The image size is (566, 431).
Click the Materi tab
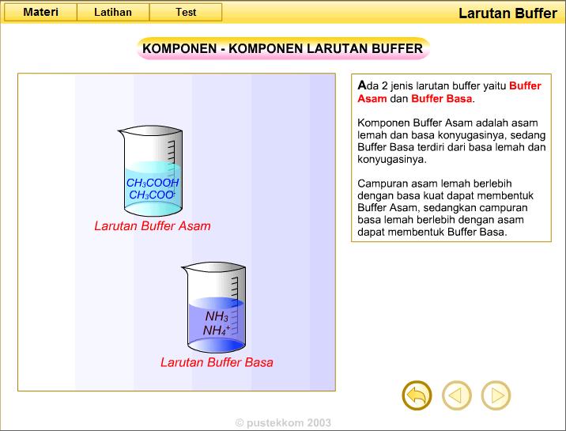40,12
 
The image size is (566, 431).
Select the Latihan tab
113,12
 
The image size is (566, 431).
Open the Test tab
186,12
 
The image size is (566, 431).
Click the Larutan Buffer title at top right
509,13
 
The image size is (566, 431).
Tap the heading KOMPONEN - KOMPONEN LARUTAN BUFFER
283,49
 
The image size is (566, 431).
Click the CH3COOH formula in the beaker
153,183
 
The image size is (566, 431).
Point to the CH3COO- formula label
152,195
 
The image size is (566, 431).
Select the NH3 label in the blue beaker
217,317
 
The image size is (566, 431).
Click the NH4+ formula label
217,331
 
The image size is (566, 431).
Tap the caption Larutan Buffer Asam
153,225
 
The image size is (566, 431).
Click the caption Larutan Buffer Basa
217,362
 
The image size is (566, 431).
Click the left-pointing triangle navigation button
456,395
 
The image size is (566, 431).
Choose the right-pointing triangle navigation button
496,395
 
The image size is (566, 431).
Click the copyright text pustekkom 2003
283,423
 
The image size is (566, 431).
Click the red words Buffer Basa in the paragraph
441,99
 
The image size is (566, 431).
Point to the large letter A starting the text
362,85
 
